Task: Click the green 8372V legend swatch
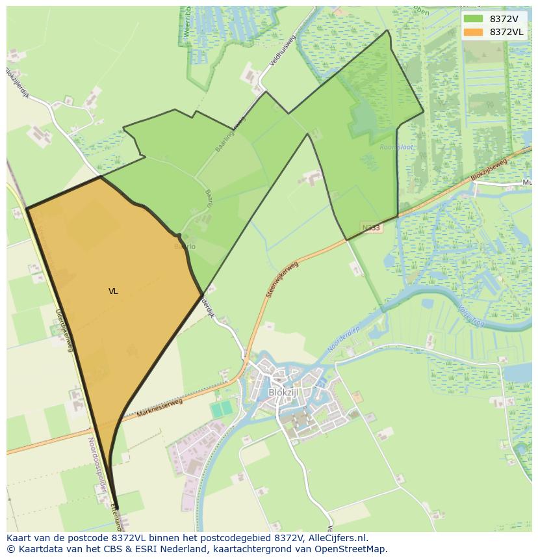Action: [473, 19]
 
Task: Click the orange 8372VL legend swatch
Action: [473, 32]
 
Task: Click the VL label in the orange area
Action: [113, 291]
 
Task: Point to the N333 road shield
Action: [371, 228]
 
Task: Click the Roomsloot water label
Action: [396, 147]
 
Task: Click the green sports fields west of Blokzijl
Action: [222, 409]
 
